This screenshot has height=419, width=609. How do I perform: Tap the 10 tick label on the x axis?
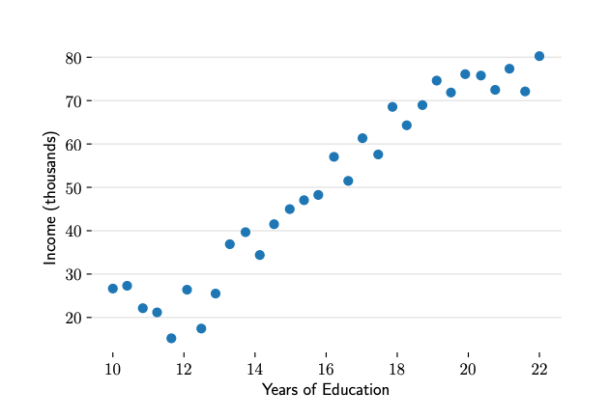coord(112,369)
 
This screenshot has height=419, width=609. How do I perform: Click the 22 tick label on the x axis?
coord(539,369)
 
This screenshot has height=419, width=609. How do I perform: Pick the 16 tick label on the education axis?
coord(326,369)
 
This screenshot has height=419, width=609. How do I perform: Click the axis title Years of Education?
coord(325,390)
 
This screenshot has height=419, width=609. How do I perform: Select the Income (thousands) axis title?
coord(50,198)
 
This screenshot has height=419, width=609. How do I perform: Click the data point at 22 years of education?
coord(539,56)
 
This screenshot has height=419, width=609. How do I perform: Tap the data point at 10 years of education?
coord(113,289)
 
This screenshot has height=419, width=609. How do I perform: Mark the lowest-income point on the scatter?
coord(171,338)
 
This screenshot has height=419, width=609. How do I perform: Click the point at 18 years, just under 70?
coord(392,107)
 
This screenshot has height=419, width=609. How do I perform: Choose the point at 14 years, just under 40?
coord(246,232)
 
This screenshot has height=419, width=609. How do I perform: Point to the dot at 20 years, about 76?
coord(465,74)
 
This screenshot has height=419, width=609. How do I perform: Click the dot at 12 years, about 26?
coord(187,290)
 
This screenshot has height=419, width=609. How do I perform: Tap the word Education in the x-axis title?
coord(356,390)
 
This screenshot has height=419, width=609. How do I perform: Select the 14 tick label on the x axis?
coord(254,369)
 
